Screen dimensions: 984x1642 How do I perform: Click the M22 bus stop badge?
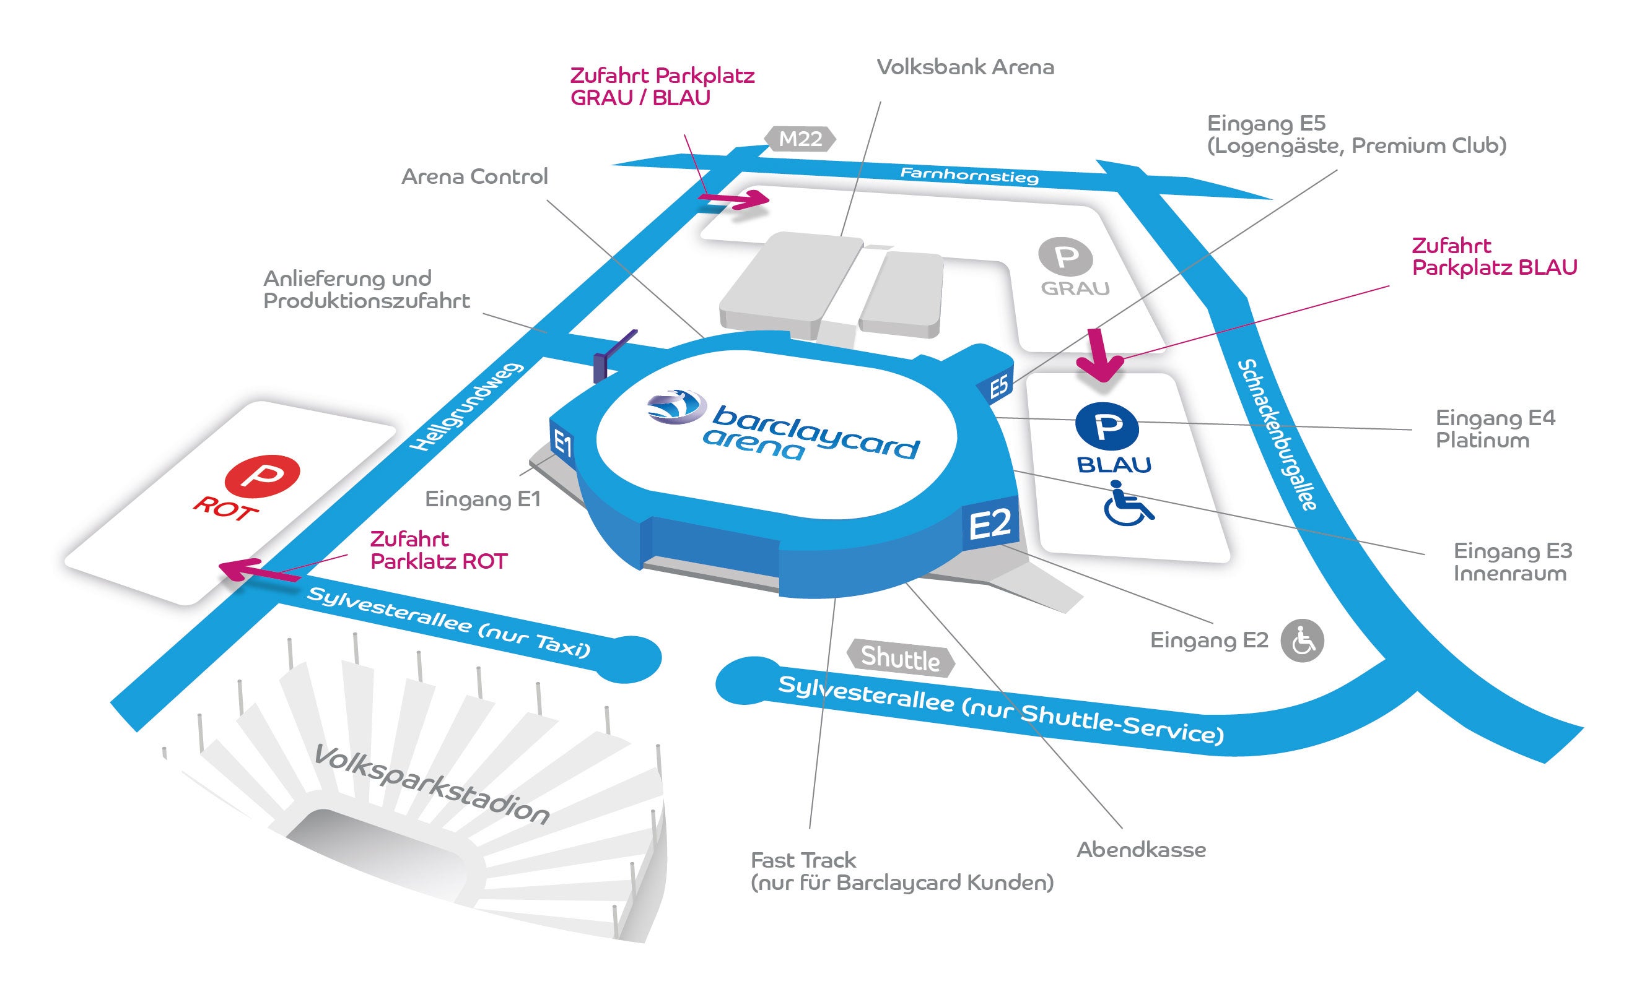pyautogui.click(x=800, y=139)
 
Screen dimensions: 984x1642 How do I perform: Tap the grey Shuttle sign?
pyautogui.click(x=900, y=658)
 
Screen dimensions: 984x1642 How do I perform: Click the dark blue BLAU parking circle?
pyautogui.click(x=1107, y=427)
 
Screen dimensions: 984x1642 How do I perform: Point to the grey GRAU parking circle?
pyautogui.click(x=1065, y=257)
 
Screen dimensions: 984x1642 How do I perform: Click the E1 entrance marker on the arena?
pyautogui.click(x=562, y=443)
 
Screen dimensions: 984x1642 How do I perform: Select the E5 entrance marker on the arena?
pyautogui.click(x=998, y=386)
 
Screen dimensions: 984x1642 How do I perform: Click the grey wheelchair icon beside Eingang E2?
pyautogui.click(x=1302, y=641)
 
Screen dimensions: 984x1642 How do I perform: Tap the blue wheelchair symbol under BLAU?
pyautogui.click(x=1129, y=504)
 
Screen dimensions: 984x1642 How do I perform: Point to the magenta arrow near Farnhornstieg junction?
pyautogui.click(x=733, y=198)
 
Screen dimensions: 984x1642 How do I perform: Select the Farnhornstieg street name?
pyautogui.click(x=969, y=175)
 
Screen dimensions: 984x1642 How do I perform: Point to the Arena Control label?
pyautogui.click(x=474, y=176)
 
